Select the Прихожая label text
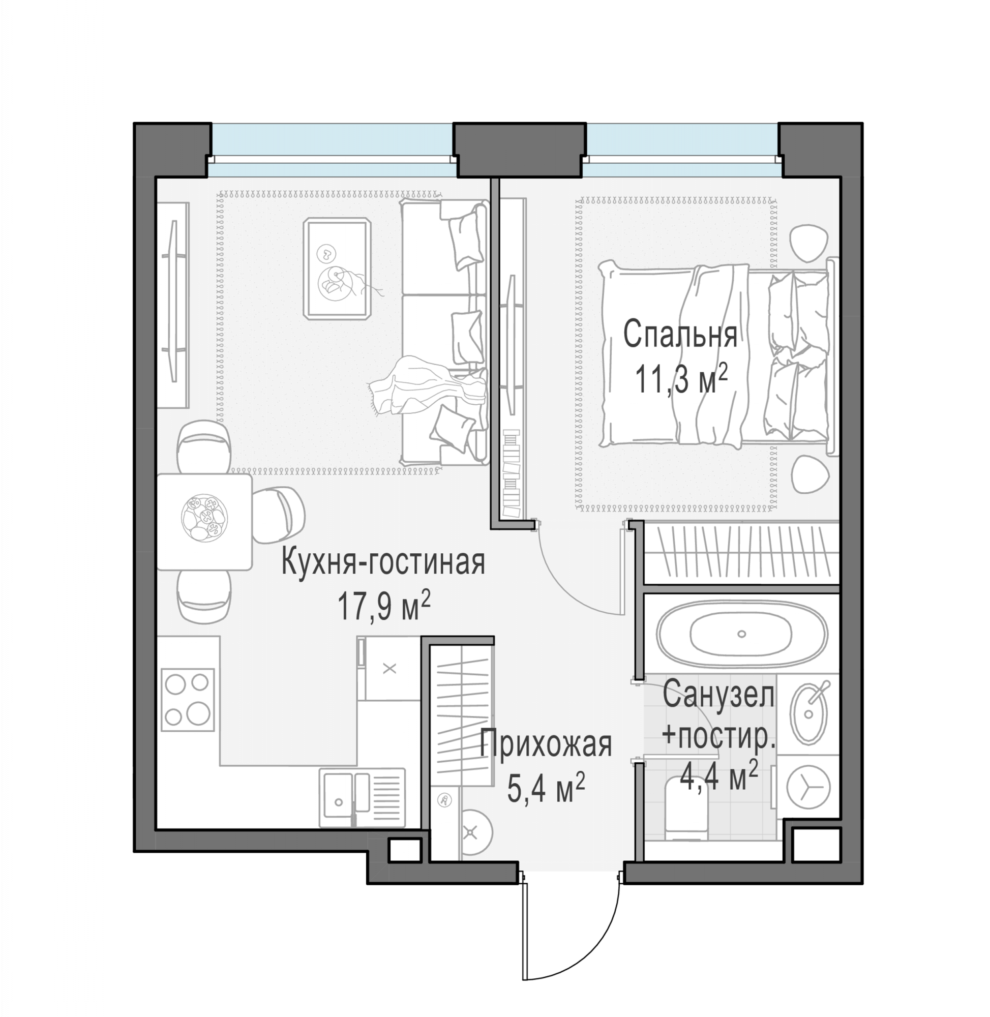click(x=546, y=744)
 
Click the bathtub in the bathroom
click(x=741, y=634)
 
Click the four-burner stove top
click(x=187, y=700)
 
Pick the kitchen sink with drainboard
click(x=363, y=797)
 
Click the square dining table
click(x=204, y=522)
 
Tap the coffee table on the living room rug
click(x=338, y=268)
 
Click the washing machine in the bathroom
click(x=808, y=786)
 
